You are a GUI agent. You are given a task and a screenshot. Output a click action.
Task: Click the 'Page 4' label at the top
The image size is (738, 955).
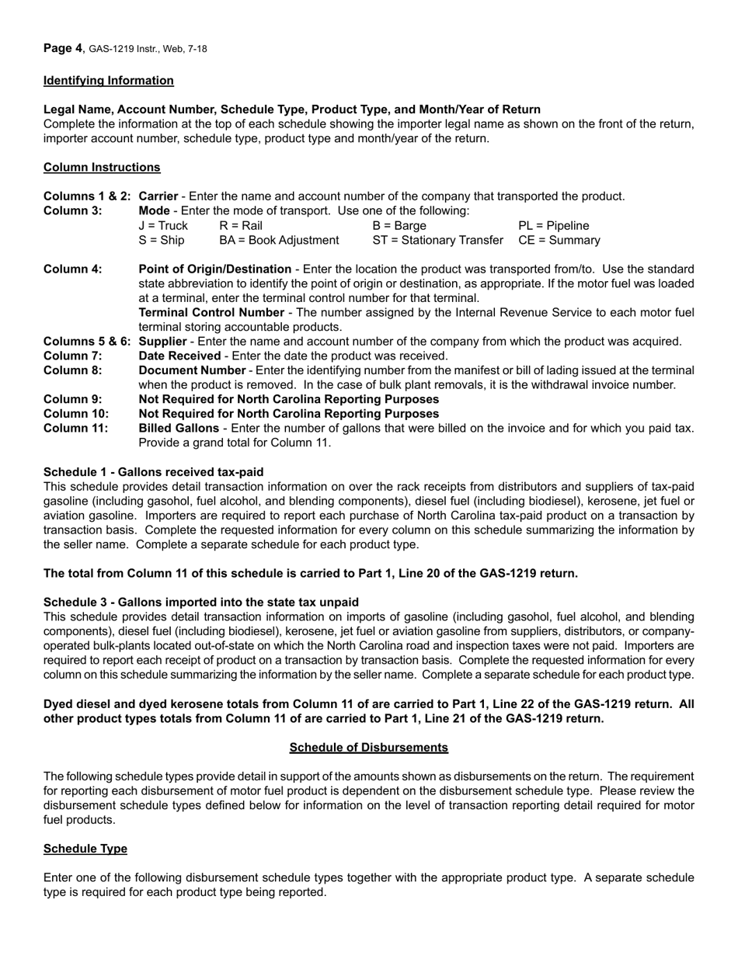63,48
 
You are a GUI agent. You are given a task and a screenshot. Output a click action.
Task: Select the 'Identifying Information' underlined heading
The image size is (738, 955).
109,81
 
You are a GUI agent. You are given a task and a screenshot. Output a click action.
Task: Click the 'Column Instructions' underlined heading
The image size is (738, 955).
102,167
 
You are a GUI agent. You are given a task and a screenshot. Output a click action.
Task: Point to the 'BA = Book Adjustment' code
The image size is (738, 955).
279,241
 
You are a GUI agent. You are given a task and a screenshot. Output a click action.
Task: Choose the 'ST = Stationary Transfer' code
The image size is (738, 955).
437,241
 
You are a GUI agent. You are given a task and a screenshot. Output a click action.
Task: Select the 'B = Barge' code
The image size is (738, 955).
399,226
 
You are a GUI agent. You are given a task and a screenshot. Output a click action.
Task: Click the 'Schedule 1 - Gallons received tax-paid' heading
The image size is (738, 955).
153,472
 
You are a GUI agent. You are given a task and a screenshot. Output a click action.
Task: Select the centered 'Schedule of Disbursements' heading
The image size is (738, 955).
368,747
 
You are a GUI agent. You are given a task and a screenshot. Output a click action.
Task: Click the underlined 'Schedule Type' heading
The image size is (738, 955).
85,849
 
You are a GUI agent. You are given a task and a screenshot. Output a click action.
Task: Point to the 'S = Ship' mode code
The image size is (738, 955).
162,241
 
